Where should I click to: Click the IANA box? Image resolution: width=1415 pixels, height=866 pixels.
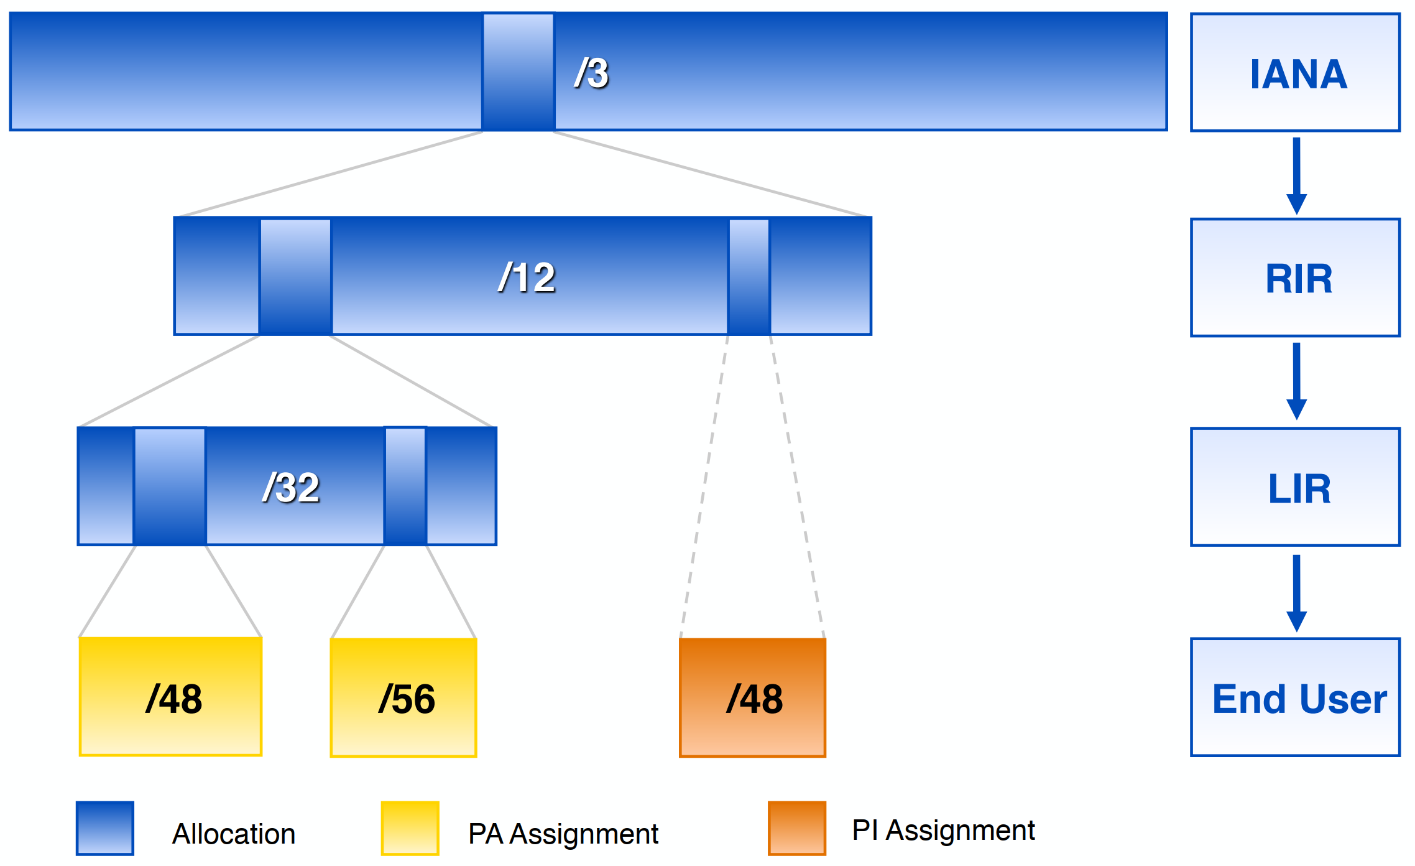(x=1295, y=73)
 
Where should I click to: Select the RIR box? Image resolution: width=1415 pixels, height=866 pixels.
(x=1295, y=277)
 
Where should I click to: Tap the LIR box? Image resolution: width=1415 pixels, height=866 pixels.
(x=1295, y=487)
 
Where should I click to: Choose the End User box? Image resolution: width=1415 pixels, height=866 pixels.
(x=1295, y=697)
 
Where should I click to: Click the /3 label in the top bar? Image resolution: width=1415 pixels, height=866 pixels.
(x=591, y=73)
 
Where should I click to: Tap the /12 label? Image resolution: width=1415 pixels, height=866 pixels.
(x=527, y=277)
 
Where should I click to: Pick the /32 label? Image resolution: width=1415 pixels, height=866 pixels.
(x=291, y=487)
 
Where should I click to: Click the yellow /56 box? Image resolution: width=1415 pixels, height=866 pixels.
(x=403, y=697)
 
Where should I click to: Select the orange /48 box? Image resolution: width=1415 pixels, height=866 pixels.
(x=752, y=697)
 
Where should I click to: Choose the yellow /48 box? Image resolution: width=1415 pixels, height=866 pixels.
(x=170, y=697)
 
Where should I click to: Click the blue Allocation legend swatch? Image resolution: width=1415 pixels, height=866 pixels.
(x=105, y=828)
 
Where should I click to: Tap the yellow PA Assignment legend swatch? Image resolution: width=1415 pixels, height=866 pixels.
(x=410, y=828)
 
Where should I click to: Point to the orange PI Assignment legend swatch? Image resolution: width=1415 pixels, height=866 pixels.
(x=797, y=828)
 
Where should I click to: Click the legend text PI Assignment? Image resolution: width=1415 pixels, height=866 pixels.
(x=943, y=831)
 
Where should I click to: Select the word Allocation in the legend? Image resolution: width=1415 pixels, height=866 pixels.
(x=234, y=834)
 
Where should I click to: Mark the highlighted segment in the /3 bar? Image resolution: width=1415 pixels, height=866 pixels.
(x=519, y=72)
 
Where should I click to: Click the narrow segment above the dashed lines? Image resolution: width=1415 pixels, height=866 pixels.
(x=749, y=277)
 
